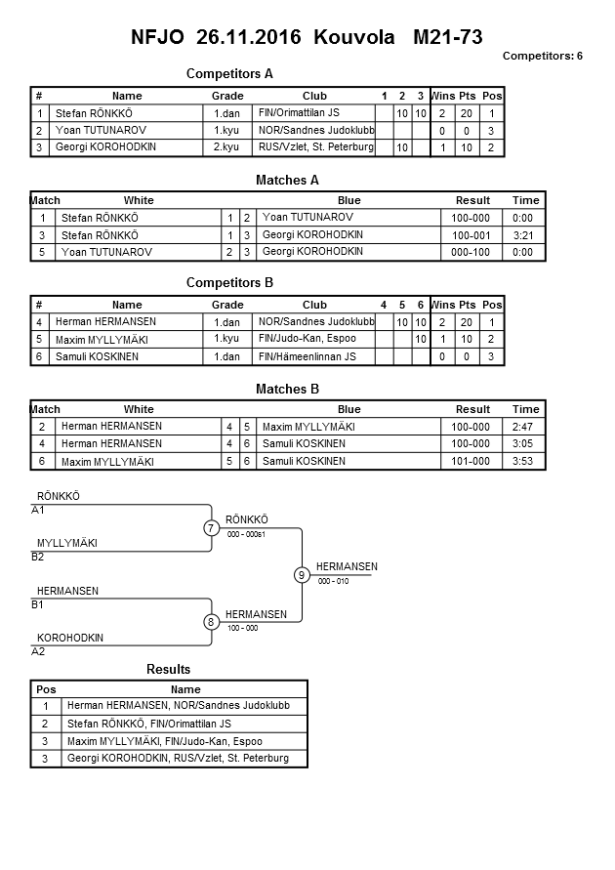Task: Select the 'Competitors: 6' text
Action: click(542, 56)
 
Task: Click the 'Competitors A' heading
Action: click(229, 73)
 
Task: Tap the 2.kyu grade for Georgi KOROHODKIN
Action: click(226, 146)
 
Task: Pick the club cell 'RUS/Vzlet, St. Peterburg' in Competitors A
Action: click(315, 146)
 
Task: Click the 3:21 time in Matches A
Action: click(524, 235)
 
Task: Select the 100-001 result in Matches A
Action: click(472, 235)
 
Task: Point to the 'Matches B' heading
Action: click(287, 390)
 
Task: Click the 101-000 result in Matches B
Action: click(472, 461)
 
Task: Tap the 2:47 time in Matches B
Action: click(524, 427)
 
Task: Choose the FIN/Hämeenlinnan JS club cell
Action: click(307, 356)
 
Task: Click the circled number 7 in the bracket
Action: click(211, 528)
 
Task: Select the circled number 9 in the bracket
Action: click(302, 575)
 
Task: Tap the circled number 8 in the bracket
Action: click(211, 622)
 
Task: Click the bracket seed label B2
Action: click(38, 557)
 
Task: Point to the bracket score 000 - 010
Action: click(333, 581)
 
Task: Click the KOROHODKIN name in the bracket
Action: click(70, 638)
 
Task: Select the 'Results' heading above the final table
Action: click(168, 669)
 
